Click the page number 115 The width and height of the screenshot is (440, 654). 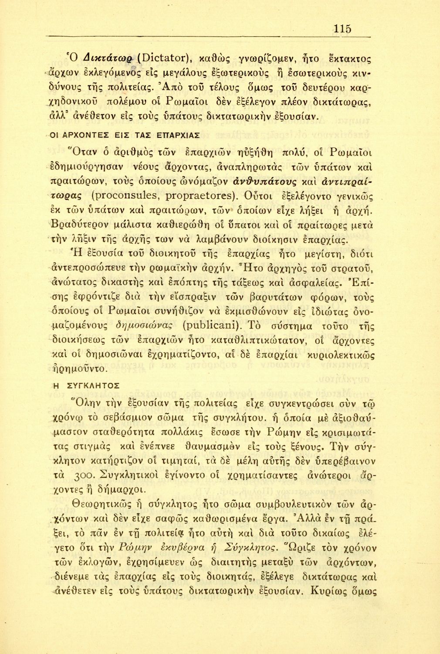342,29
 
